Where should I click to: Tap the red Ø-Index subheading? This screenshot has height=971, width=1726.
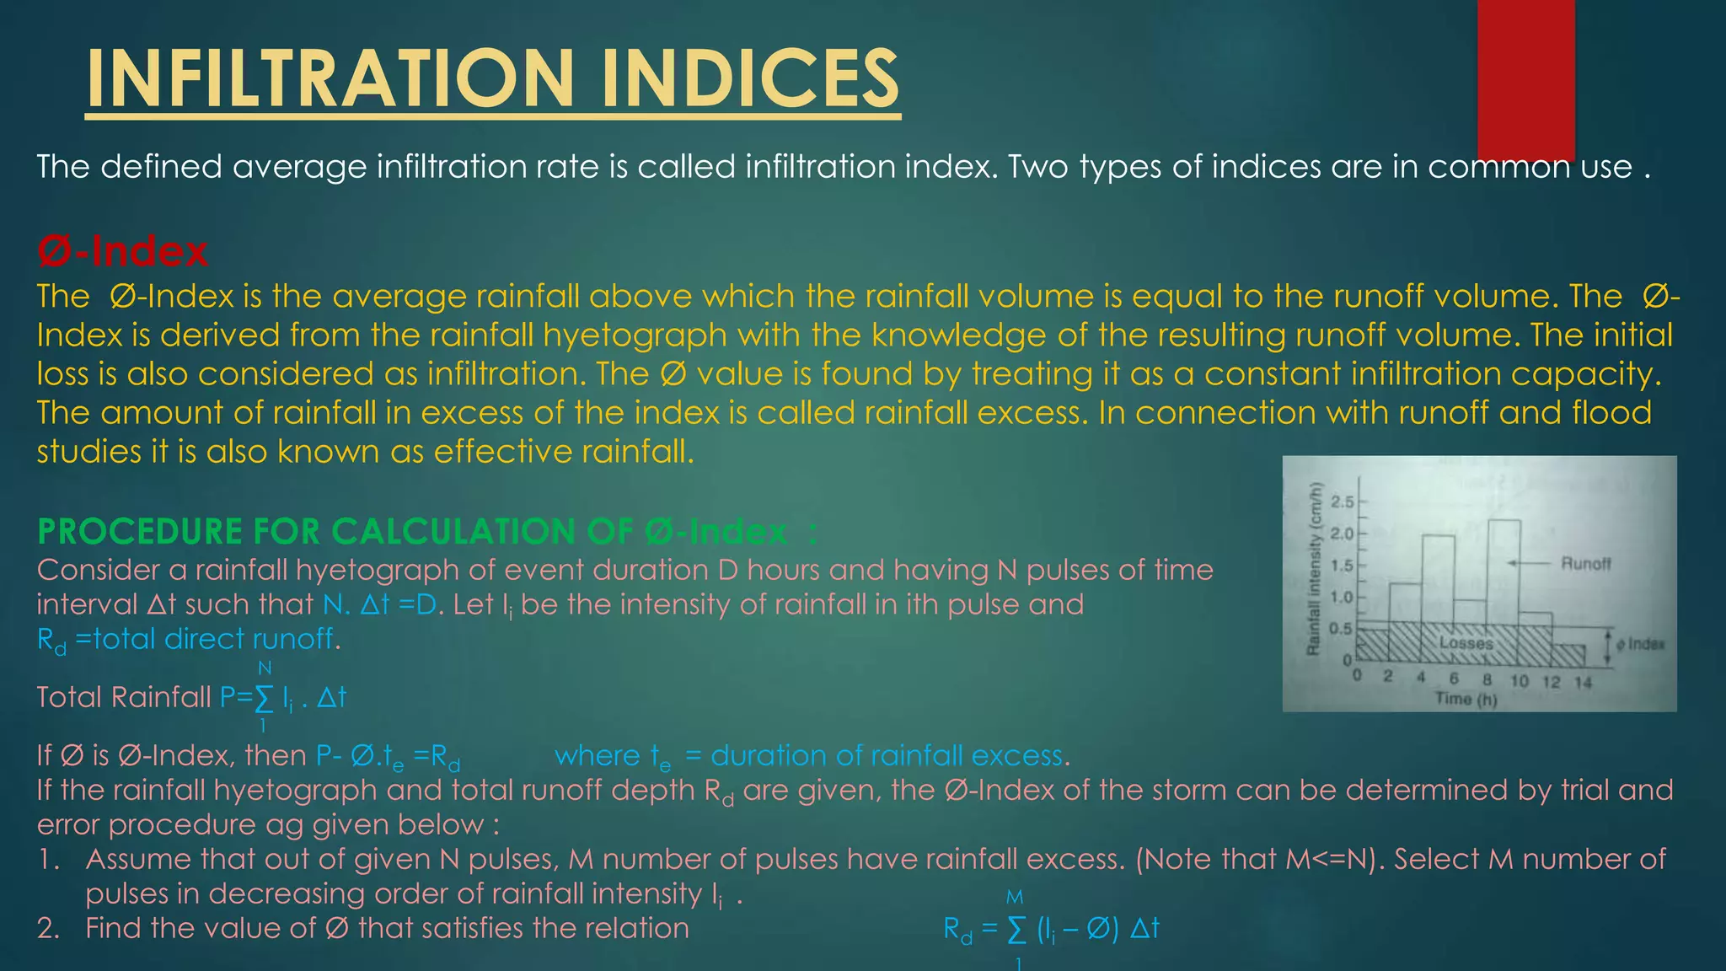point(122,252)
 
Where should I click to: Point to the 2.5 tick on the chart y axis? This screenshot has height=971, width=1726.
point(1342,502)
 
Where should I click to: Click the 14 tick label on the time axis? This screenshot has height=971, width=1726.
point(1583,682)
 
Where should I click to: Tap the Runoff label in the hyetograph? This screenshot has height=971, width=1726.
point(1585,563)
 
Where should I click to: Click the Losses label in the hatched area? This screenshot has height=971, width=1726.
point(1466,643)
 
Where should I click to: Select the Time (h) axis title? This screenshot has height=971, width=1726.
point(1466,700)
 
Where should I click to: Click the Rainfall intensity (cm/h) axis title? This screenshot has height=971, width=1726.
point(1312,570)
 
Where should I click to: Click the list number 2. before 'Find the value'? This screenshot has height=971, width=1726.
point(49,928)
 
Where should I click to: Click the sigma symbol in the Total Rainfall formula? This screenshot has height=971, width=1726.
point(264,698)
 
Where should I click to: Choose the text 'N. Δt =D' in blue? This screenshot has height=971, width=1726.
point(381,604)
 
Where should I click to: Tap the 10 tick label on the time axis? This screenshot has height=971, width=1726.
point(1519,681)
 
